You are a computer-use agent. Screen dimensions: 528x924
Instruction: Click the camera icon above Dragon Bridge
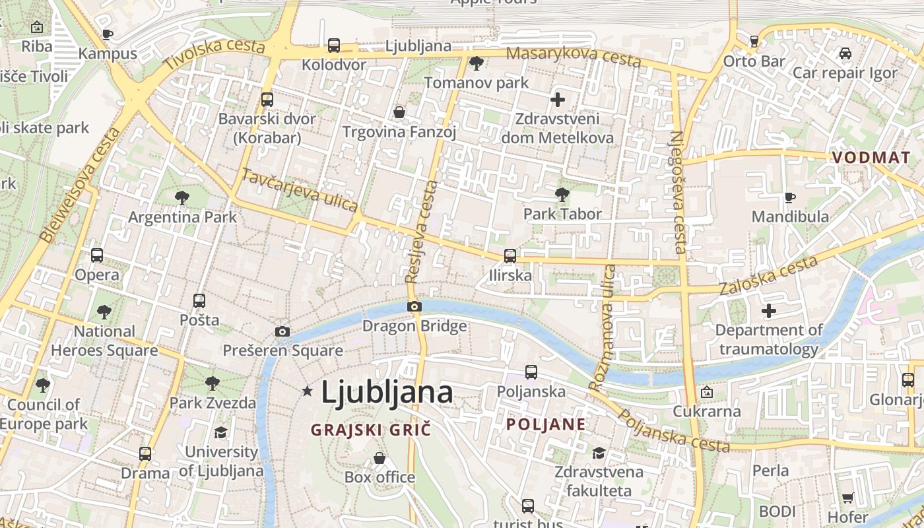pyautogui.click(x=414, y=306)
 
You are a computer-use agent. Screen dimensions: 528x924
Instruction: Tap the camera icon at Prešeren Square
pyautogui.click(x=282, y=331)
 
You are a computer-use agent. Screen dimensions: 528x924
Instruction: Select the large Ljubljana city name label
pyautogui.click(x=387, y=392)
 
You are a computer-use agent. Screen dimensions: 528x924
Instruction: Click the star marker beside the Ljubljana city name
pyautogui.click(x=307, y=391)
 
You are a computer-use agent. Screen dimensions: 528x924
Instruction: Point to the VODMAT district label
pyautogui.click(x=871, y=158)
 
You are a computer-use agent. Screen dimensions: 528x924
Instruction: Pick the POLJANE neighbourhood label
pyautogui.click(x=546, y=424)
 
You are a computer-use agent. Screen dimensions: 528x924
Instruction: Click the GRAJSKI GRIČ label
pyautogui.click(x=371, y=430)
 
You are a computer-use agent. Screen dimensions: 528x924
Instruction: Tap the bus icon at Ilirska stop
pyautogui.click(x=510, y=256)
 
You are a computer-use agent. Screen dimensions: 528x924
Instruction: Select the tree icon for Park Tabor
pyautogui.click(x=562, y=195)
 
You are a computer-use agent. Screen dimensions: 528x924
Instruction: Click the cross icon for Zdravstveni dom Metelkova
pyautogui.click(x=558, y=100)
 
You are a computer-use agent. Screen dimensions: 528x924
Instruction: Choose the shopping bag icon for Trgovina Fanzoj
pyautogui.click(x=399, y=113)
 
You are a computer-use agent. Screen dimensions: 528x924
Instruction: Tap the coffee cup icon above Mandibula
pyautogui.click(x=789, y=197)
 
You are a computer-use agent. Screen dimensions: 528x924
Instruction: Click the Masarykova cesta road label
pyautogui.click(x=574, y=57)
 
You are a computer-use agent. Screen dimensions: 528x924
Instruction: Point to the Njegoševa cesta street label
pyautogui.click(x=678, y=193)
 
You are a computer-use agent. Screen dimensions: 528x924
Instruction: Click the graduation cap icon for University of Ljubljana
pyautogui.click(x=220, y=432)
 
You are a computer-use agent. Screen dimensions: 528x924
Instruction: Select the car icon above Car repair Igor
pyautogui.click(x=845, y=53)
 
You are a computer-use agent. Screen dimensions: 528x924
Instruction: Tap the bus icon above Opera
pyautogui.click(x=97, y=255)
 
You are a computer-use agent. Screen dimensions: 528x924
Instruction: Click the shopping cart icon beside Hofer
pyautogui.click(x=847, y=498)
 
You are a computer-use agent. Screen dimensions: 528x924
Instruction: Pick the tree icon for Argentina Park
pyautogui.click(x=181, y=197)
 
